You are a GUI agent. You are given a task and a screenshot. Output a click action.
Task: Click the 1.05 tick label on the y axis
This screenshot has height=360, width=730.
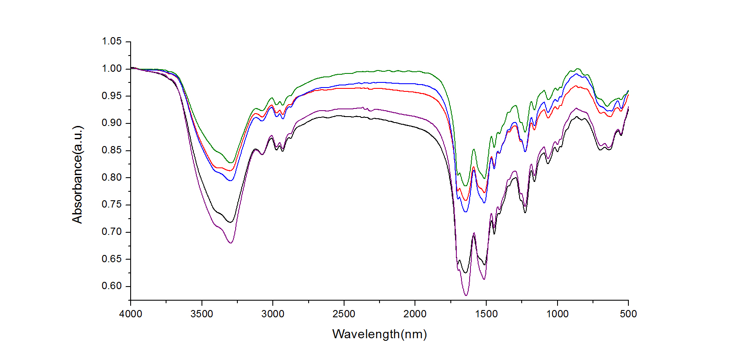[111, 41]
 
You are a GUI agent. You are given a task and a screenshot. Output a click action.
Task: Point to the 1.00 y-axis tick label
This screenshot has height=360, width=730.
[111, 69]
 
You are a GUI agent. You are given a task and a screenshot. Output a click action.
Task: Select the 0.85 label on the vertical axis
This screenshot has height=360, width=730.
[111, 150]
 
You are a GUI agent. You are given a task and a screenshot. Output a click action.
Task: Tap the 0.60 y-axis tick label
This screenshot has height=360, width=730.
[111, 286]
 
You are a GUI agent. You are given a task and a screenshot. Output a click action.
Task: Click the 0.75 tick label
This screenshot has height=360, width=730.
[111, 205]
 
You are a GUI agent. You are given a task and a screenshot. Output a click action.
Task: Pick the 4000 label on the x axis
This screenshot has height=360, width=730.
[131, 314]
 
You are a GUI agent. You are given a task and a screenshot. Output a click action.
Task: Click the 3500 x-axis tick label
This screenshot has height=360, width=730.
[201, 314]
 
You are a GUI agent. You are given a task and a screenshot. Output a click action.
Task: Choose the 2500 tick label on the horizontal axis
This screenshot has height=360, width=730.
[344, 314]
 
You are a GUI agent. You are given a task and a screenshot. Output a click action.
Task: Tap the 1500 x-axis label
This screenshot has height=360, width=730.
[486, 314]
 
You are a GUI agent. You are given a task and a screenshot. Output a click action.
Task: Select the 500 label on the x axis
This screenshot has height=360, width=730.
[628, 314]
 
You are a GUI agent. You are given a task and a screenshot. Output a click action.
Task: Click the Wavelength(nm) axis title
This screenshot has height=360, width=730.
[380, 334]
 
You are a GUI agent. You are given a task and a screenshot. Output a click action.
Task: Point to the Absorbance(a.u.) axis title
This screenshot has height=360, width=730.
[77, 175]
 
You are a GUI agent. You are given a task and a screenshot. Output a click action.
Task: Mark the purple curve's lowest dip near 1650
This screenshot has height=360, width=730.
[466, 295]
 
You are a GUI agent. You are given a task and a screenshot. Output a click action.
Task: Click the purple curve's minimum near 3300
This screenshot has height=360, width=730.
[231, 243]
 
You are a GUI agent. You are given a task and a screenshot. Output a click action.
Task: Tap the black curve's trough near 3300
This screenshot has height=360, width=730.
[230, 222]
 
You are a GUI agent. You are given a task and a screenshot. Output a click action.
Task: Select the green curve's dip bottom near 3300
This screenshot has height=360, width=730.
[231, 163]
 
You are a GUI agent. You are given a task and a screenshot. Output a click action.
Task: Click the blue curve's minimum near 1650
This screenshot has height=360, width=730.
[465, 211]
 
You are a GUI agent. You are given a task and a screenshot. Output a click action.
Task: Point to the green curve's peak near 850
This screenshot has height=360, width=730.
[578, 68]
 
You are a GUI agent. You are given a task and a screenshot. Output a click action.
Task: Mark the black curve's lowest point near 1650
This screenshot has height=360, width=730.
[465, 272]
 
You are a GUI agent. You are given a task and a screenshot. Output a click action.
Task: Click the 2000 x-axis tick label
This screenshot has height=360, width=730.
[415, 314]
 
